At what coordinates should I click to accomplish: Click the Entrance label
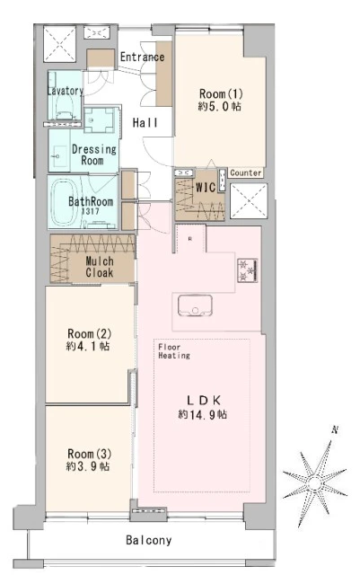142,57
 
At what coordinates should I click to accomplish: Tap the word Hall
145,123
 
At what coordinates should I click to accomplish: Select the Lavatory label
66,91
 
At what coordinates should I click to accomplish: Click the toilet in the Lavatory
65,109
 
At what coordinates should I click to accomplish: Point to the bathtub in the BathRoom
66,203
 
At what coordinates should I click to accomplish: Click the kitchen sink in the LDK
195,305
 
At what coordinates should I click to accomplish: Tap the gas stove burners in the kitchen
248,270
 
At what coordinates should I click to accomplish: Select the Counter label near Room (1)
246,172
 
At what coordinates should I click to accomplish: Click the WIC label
206,188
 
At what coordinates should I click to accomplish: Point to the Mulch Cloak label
100,267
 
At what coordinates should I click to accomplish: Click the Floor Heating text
174,351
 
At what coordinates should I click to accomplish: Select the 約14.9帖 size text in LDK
202,414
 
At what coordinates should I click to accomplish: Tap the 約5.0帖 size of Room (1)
220,106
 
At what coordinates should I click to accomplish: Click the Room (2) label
89,334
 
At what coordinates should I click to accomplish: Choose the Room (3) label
89,454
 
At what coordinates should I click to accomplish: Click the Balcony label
148,540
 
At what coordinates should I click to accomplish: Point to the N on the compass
334,430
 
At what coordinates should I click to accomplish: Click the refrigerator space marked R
190,239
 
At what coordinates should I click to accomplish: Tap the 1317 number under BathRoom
90,212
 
